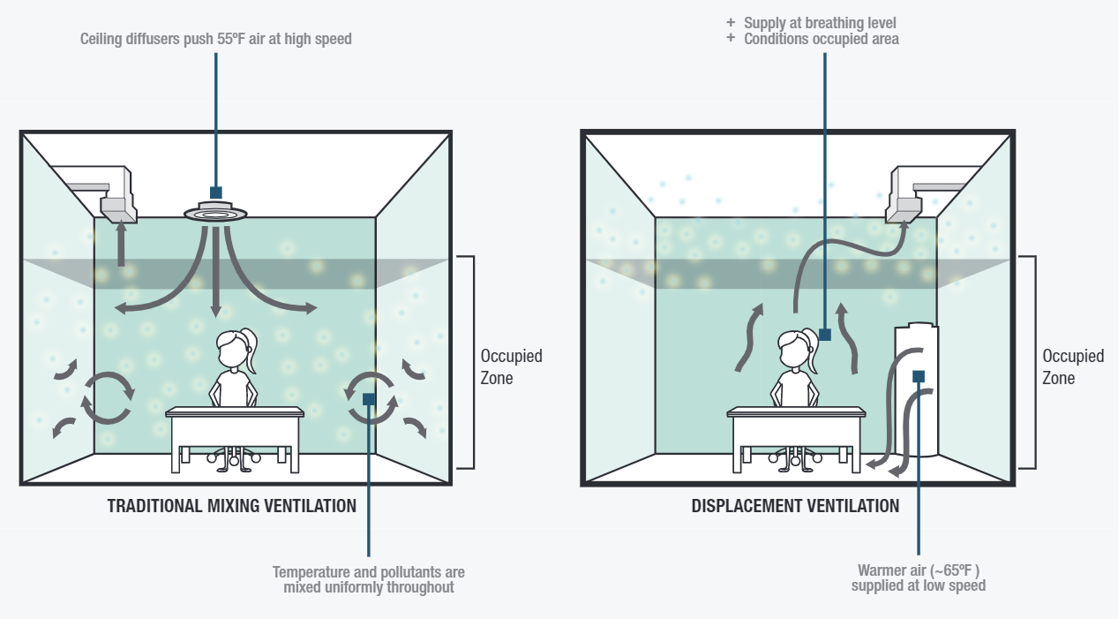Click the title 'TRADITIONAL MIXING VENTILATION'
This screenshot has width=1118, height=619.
(x=232, y=506)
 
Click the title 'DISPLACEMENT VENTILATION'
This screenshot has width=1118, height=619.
(x=795, y=506)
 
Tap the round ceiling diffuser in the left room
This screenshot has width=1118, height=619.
(x=216, y=213)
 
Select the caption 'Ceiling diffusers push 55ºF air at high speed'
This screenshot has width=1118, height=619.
(x=216, y=39)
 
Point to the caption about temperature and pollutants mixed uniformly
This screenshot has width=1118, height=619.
(x=369, y=579)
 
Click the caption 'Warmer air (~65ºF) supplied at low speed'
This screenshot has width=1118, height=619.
(x=919, y=577)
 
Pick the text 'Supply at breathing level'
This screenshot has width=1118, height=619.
(x=820, y=23)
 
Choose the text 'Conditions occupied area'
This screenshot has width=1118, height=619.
(x=822, y=39)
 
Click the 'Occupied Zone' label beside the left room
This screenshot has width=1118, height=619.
(x=511, y=366)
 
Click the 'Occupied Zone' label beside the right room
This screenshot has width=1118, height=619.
(x=1073, y=366)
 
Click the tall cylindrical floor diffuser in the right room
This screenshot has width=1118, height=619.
(x=917, y=389)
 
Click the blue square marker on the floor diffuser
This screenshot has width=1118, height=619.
(x=919, y=376)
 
